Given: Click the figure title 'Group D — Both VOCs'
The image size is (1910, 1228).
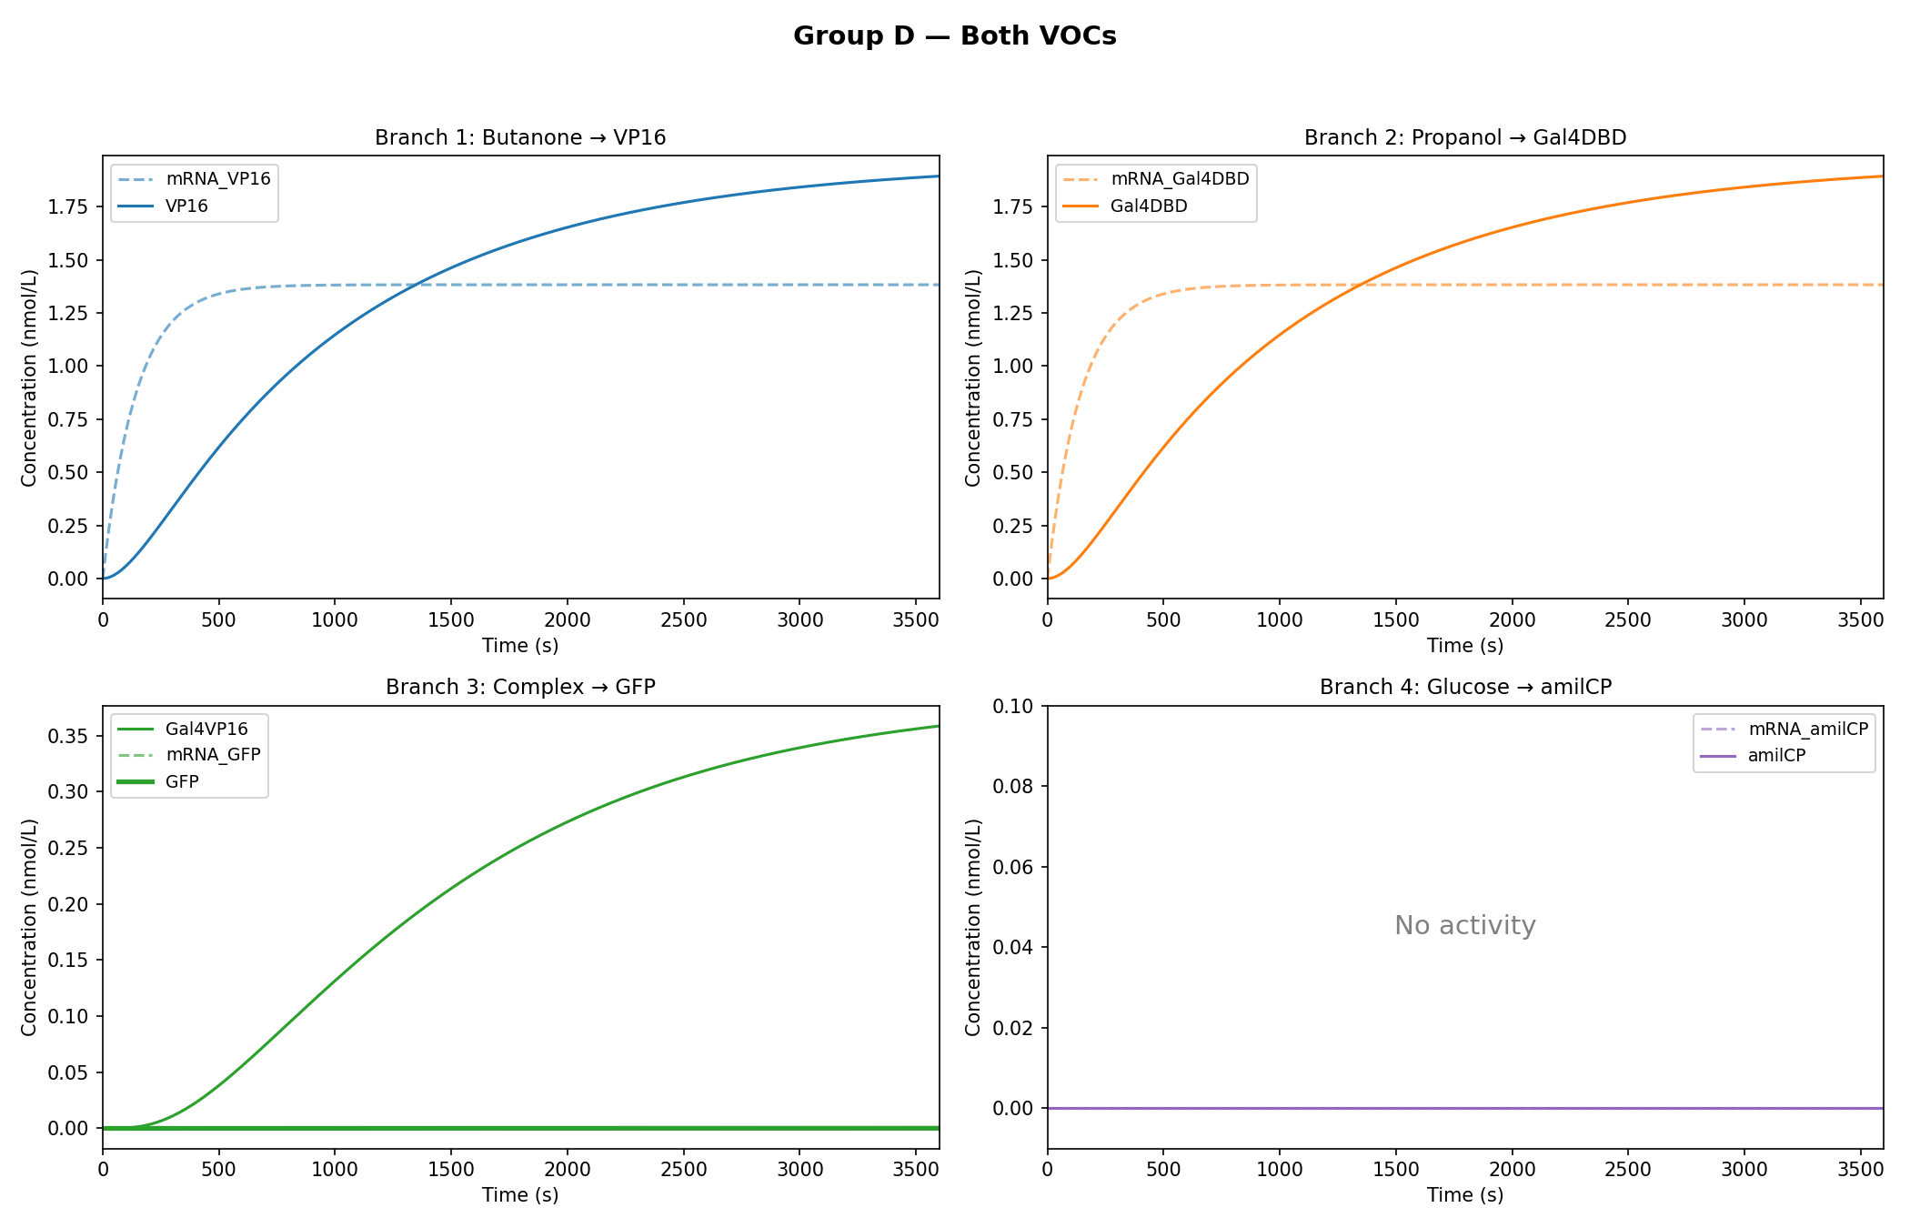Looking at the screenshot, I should pyautogui.click(x=954, y=36).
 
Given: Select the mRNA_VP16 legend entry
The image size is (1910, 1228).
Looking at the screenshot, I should pyautogui.click(x=217, y=179).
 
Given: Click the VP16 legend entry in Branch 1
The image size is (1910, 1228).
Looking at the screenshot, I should pyautogui.click(x=186, y=206).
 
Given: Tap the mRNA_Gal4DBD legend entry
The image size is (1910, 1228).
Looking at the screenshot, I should pyautogui.click(x=1180, y=179).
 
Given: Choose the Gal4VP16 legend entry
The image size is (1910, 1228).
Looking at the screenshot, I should pyautogui.click(x=206, y=729).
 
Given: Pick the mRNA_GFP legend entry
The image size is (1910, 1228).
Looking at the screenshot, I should pyautogui.click(x=213, y=755).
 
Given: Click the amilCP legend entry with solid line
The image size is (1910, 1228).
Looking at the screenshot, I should pyautogui.click(x=1776, y=756).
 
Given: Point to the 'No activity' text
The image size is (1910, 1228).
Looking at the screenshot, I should pyautogui.click(x=1464, y=926).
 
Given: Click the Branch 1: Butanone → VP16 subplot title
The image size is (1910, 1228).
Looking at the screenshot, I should pyautogui.click(x=520, y=138).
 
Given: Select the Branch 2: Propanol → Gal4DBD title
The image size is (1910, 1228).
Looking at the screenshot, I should pyautogui.click(x=1464, y=138).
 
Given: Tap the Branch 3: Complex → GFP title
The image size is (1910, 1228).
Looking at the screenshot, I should pyautogui.click(x=520, y=688).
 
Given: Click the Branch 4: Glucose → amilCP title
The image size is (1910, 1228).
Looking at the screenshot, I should pyautogui.click(x=1464, y=688).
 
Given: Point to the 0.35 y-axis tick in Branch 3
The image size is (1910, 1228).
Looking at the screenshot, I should pyautogui.click(x=70, y=736).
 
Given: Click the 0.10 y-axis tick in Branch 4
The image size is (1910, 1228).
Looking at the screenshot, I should pyautogui.click(x=1014, y=706).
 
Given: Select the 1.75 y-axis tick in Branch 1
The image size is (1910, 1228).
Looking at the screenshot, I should pyautogui.click(x=70, y=207).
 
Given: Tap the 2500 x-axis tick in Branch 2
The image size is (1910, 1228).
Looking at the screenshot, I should pyautogui.click(x=1627, y=620).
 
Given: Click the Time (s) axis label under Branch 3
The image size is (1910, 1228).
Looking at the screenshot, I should pyautogui.click(x=520, y=1195).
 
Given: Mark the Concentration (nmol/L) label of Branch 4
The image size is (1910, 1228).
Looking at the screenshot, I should pyautogui.click(x=973, y=927).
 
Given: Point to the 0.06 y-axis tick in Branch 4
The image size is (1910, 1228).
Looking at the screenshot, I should pyautogui.click(x=1014, y=867).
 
